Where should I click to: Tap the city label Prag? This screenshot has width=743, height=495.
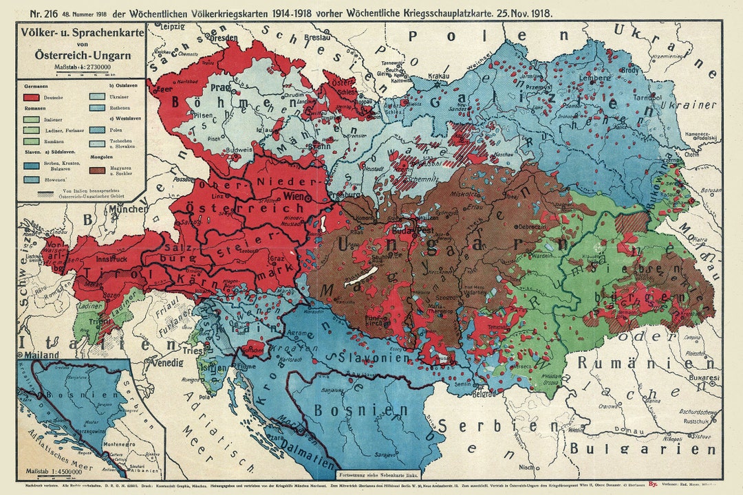pos(219,88)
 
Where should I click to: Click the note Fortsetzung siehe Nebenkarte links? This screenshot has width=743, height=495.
pos(378,474)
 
